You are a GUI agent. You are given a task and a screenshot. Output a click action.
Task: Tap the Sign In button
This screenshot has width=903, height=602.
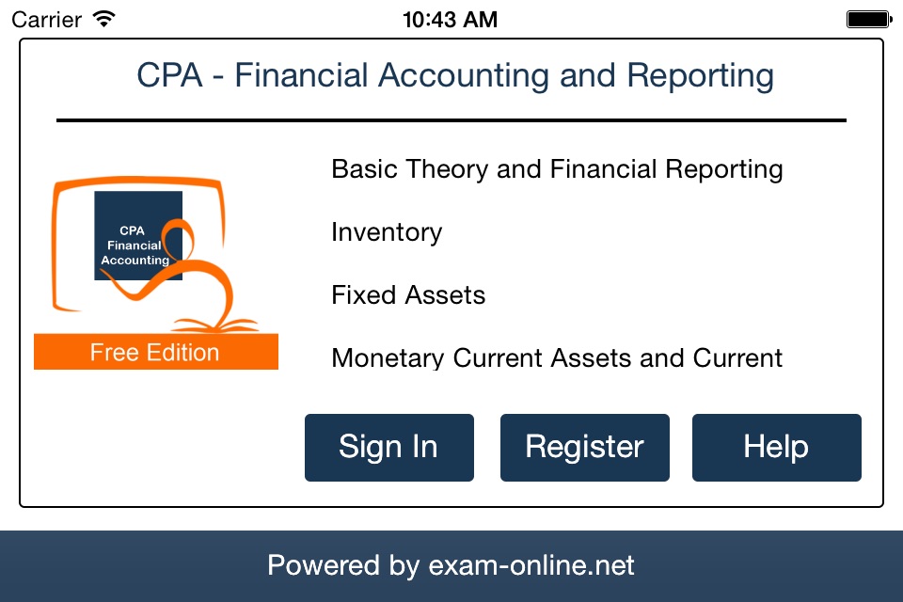coord(389,448)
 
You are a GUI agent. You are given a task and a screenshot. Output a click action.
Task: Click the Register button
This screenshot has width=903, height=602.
coord(584,448)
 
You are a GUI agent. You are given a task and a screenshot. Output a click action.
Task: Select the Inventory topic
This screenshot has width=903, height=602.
coord(387,232)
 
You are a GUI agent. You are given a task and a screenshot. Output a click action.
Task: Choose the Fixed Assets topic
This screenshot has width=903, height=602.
coord(408,295)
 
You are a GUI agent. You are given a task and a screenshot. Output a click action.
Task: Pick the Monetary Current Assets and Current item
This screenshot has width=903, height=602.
coord(557,357)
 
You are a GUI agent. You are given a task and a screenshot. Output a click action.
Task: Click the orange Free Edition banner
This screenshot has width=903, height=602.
coord(156,352)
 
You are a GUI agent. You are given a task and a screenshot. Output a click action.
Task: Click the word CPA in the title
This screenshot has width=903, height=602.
coord(170,75)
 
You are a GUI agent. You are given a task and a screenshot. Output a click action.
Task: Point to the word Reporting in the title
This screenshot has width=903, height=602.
coord(700,76)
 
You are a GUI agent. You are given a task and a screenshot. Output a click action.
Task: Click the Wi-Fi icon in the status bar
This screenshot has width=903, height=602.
coord(104,19)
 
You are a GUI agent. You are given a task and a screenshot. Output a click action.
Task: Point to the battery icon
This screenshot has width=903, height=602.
coord(869,19)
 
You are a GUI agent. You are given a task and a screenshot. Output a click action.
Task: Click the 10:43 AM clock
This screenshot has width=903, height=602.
coord(450,20)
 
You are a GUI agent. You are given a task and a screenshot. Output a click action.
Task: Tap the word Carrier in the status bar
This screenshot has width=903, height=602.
coord(47,20)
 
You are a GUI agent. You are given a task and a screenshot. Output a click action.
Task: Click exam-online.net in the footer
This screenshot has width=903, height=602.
coord(531,565)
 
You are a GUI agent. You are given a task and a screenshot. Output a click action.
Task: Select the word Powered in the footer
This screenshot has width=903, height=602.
coord(323,565)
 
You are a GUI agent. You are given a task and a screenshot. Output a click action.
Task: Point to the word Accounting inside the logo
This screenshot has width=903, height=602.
coord(135,261)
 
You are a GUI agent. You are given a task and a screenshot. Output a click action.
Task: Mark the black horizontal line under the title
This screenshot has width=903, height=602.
coord(451,120)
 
